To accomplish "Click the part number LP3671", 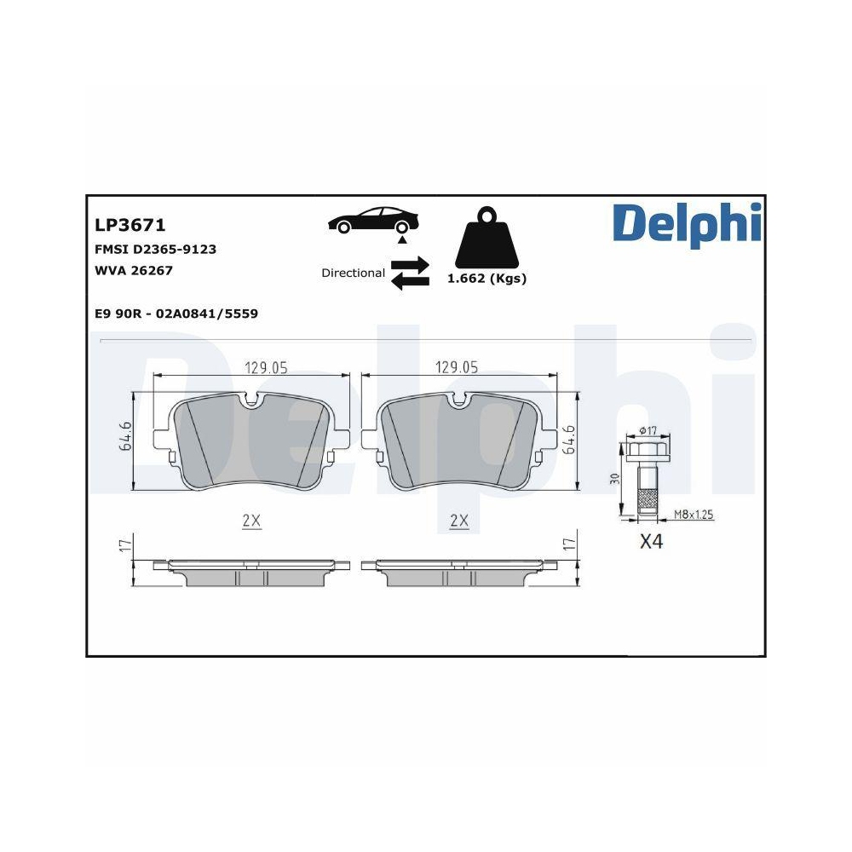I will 130,225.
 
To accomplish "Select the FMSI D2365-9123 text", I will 155,250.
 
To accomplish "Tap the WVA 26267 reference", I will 135,270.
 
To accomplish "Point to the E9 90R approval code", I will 176,314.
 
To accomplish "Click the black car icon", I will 375,220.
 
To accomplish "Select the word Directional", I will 353,273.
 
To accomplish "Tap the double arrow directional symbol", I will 410,273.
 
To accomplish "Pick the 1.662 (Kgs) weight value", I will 486,279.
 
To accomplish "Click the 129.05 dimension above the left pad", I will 266,367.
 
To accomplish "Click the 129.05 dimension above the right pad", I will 457,367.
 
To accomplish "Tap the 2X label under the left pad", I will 250,521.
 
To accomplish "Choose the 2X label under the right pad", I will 458,521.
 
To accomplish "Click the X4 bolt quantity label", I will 650,542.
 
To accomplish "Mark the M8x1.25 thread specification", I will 693,515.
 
